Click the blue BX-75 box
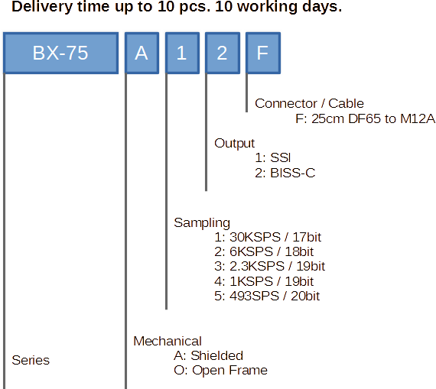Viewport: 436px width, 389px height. pyautogui.click(x=60, y=53)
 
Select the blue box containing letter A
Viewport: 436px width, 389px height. pyautogui.click(x=142, y=53)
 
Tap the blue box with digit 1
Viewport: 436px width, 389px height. pyautogui.click(x=182, y=53)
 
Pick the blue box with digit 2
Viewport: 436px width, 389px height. pyautogui.click(x=223, y=53)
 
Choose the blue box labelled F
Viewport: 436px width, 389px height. pyautogui.click(x=263, y=53)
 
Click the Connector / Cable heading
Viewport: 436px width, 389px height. pyautogui.click(x=309, y=104)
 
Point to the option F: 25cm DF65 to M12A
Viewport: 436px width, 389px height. pyautogui.click(x=366, y=119)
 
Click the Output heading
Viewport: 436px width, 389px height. pyautogui.click(x=234, y=144)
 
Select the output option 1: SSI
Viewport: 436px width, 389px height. pyautogui.click(x=273, y=158)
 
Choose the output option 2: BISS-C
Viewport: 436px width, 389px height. pyautogui.click(x=285, y=173)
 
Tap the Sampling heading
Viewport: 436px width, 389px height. pyautogui.click(x=202, y=223)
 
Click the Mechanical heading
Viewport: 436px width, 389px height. pyautogui.click(x=168, y=341)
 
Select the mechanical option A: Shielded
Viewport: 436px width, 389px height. pyautogui.click(x=208, y=355)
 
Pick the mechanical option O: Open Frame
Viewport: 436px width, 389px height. pyautogui.click(x=220, y=370)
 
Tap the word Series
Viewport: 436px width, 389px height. pyautogui.click(x=31, y=361)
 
